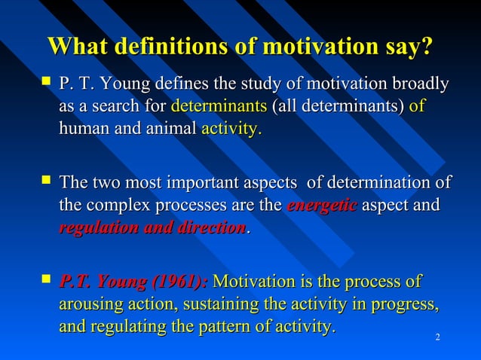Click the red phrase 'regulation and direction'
(153, 227)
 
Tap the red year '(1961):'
(180, 283)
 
